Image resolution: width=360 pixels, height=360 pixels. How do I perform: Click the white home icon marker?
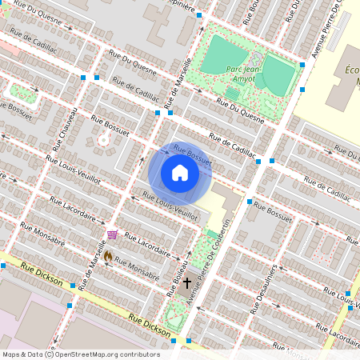(179, 173)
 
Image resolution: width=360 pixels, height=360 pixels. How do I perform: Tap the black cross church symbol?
(188, 282)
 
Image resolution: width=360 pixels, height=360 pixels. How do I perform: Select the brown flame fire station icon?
(108, 258)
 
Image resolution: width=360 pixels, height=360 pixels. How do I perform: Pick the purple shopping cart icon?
(112, 234)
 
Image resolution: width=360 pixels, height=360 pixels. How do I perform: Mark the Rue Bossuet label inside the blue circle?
(192, 154)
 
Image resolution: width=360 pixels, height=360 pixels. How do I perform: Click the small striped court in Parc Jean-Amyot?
(232, 94)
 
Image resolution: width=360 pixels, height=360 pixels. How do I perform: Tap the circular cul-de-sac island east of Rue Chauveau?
(102, 141)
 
